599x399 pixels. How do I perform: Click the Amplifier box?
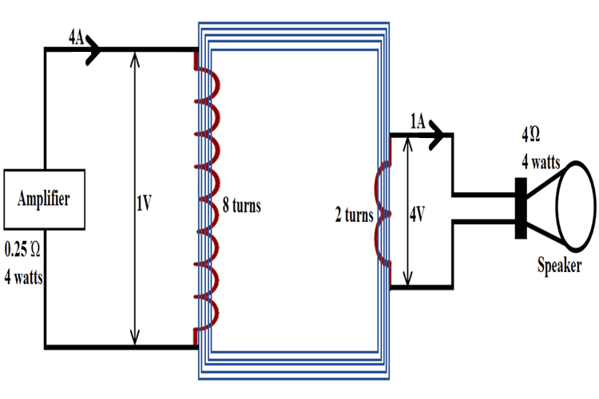[45, 199]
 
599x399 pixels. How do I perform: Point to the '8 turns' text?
[242, 206]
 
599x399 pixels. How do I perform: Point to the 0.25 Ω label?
[22, 249]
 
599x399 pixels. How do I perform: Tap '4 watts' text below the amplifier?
[23, 279]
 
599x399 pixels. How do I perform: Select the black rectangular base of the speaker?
[521, 207]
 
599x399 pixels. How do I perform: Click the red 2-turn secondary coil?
[387, 214]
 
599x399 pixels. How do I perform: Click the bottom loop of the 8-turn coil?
[210, 314]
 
